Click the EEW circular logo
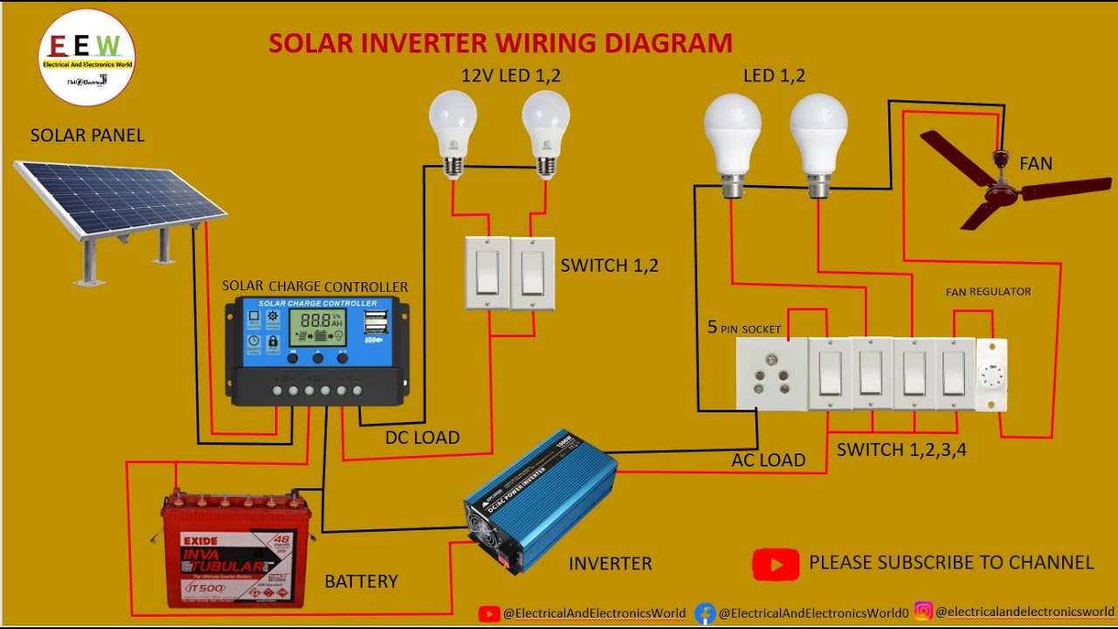(86, 58)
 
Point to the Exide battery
(234, 551)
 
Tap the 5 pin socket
(771, 374)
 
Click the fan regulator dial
(991, 376)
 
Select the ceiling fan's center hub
(1001, 186)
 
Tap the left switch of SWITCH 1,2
(487, 273)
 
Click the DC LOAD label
(422, 438)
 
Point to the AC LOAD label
(768, 460)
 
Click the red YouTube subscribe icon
(775, 564)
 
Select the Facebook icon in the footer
(705, 613)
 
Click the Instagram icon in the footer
(923, 612)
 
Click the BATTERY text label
(361, 581)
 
